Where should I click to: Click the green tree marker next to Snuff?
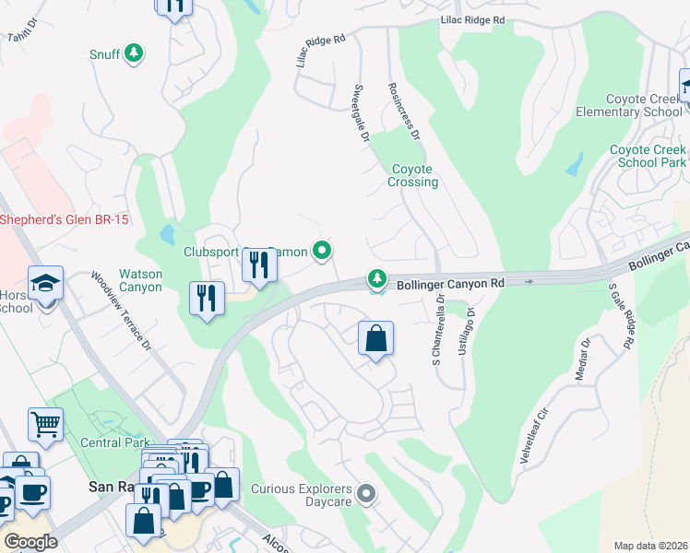coord(135,54)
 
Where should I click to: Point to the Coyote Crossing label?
coord(413,175)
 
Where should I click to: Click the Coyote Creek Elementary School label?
coord(643,105)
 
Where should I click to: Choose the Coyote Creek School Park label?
coord(648,156)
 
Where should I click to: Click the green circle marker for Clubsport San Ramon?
coord(321,250)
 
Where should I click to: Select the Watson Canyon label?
coord(140,280)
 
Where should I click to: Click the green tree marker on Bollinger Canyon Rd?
coord(376,277)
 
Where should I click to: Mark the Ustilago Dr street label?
coord(470,327)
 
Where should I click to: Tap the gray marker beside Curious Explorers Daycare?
coord(366,496)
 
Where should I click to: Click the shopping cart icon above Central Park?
coord(45,425)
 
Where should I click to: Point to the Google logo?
coord(30,542)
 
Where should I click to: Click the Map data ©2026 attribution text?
coord(649,546)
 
